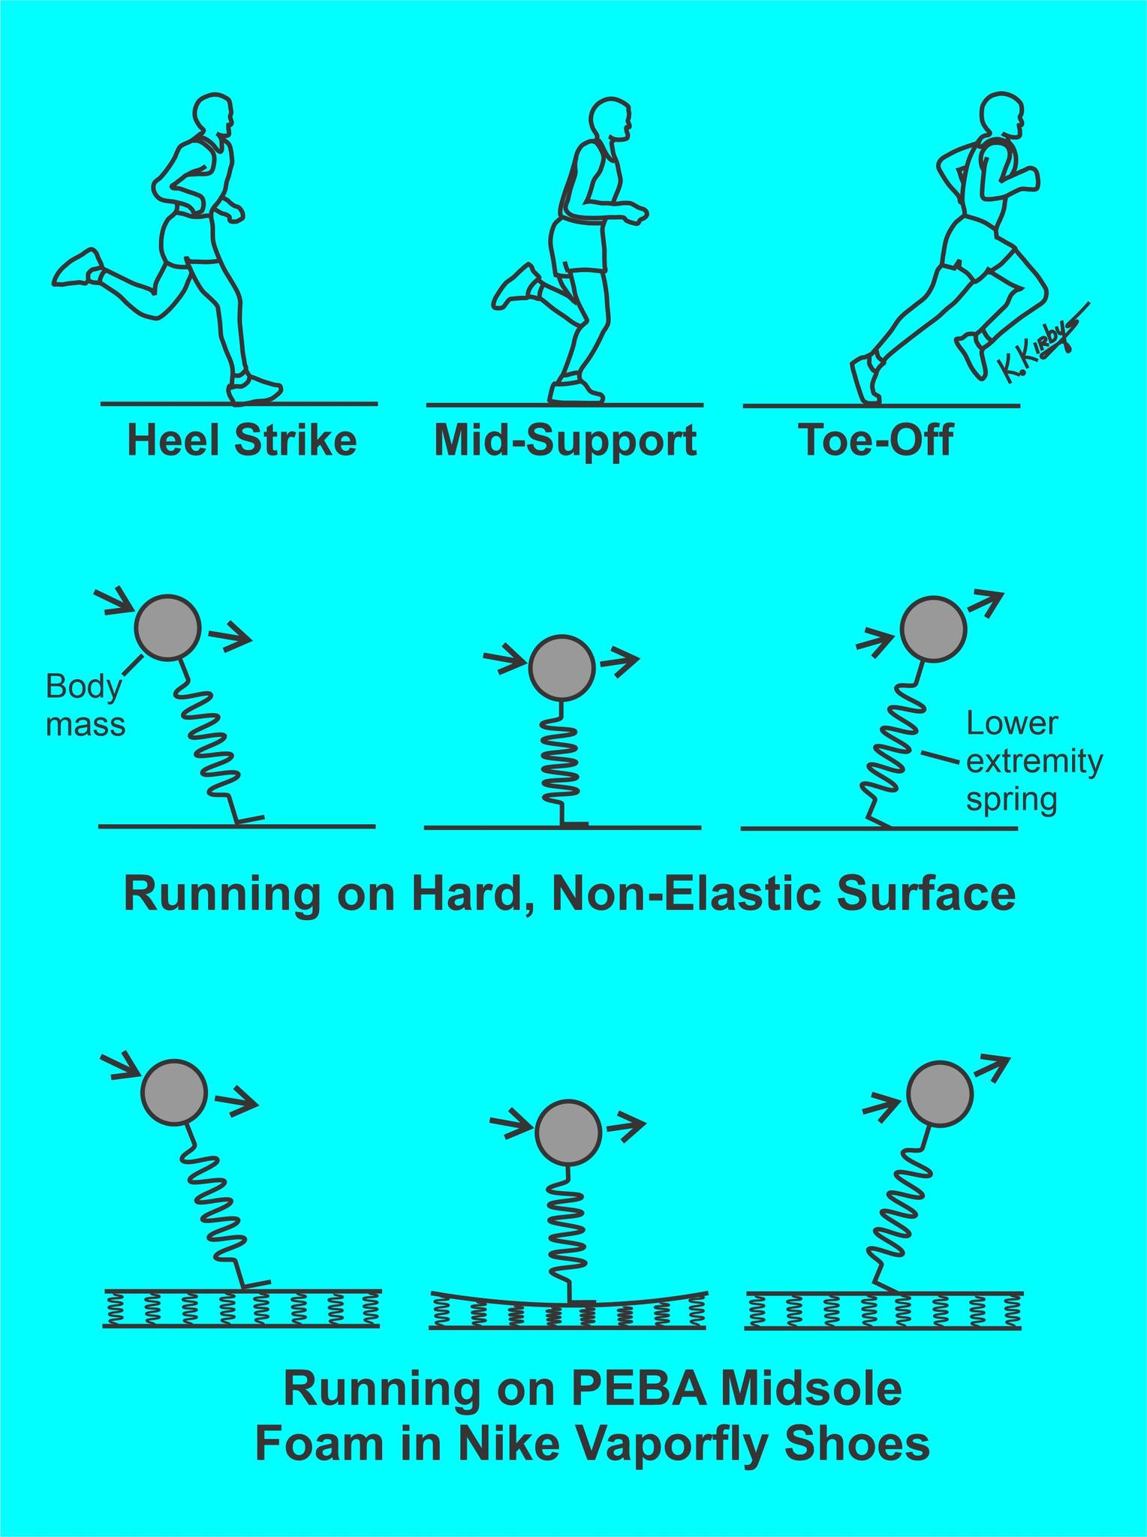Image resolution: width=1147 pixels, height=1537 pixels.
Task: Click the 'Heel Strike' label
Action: coord(242,441)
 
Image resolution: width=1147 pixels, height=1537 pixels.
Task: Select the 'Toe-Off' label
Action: coord(875,441)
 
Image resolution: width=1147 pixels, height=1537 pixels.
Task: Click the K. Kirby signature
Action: coord(1040,341)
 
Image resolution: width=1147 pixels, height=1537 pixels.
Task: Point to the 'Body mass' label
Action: coord(84,705)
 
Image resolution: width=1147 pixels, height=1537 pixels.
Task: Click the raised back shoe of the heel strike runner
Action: coord(77,268)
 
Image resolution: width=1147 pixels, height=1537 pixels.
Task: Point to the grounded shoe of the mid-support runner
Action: coord(575,390)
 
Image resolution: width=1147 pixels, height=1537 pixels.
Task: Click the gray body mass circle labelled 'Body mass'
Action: coord(168,628)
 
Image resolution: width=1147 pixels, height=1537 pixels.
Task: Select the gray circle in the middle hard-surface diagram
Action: coord(562,667)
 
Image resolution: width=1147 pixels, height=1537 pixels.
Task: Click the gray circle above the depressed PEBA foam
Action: coord(568,1132)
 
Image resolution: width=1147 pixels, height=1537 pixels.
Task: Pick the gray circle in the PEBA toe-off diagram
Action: coord(941,1093)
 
